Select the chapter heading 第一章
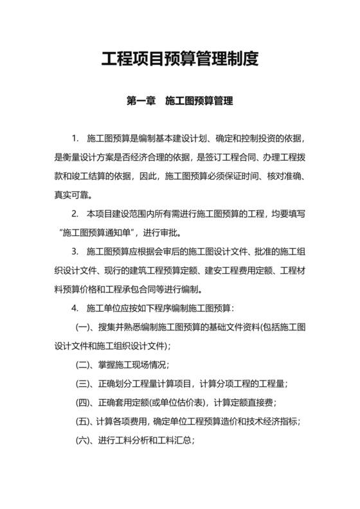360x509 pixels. click(x=140, y=101)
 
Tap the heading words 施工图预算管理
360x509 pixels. click(x=199, y=101)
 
